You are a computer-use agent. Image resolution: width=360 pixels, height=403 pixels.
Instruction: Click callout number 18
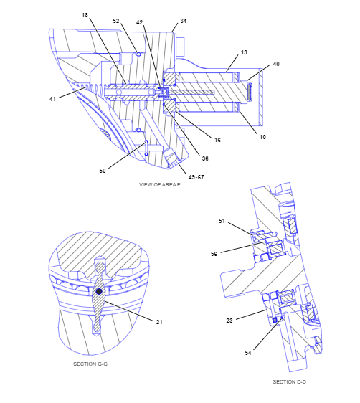(85, 16)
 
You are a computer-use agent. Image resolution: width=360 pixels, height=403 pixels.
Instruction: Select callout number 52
(116, 21)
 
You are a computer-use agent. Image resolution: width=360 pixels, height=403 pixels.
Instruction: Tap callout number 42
(139, 22)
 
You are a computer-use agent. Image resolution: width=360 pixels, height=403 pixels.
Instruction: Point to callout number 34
(183, 21)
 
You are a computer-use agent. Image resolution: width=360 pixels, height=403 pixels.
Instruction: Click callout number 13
(244, 52)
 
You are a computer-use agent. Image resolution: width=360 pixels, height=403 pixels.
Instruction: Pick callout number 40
(276, 64)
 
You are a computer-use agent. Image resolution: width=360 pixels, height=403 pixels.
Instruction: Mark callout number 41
(52, 99)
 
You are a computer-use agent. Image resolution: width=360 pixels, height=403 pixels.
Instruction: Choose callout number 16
(217, 140)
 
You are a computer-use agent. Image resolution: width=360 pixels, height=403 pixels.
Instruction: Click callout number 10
(262, 137)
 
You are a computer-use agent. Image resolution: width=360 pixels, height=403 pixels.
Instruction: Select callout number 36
(205, 158)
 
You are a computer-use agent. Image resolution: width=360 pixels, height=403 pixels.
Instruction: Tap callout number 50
(103, 171)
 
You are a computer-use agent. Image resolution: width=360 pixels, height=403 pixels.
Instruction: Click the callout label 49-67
(196, 177)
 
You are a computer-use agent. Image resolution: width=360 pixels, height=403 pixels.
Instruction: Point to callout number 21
(159, 322)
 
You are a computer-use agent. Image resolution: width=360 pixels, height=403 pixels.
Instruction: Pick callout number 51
(222, 221)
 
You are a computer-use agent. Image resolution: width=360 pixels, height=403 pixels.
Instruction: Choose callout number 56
(214, 254)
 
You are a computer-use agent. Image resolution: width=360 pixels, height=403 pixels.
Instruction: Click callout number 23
(229, 321)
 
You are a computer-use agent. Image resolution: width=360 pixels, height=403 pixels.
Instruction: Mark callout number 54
(248, 353)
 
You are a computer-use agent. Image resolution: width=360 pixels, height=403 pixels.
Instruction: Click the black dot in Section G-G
(99, 291)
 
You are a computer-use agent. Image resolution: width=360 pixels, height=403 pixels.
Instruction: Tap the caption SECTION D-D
(289, 382)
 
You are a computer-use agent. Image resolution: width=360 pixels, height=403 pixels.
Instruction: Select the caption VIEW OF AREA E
(160, 184)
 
